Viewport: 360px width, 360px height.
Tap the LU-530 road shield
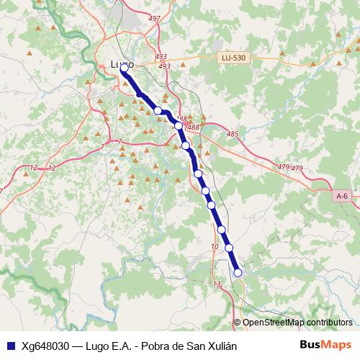[x=233, y=58]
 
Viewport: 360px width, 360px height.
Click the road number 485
[x=232, y=134]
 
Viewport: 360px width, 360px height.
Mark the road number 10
[x=215, y=247]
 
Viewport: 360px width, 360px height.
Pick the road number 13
[x=217, y=284]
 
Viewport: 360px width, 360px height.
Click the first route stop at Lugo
[x=124, y=68]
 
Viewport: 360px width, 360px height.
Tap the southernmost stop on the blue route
[x=238, y=271]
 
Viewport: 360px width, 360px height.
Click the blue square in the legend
[x=10, y=345]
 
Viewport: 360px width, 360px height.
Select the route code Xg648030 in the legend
[x=46, y=345]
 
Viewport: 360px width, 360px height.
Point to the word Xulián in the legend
[x=220, y=345]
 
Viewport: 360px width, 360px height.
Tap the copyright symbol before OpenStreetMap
[x=237, y=323]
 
